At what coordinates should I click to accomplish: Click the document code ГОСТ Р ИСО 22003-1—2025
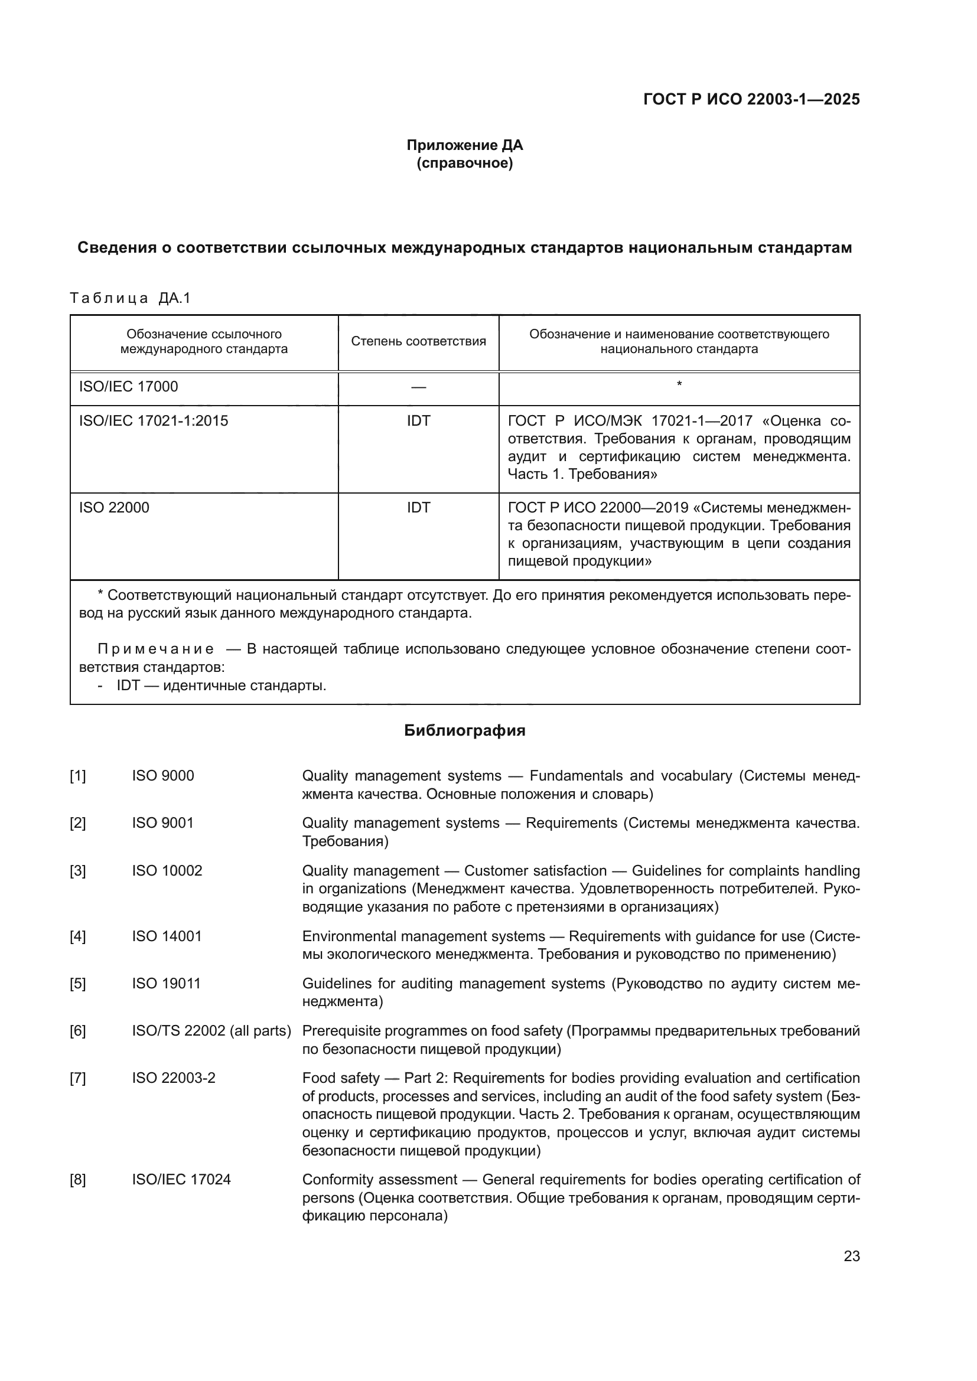751,99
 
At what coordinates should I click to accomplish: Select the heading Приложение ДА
464,145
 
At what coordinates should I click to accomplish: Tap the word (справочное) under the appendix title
464,163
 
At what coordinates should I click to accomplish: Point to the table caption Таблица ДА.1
130,298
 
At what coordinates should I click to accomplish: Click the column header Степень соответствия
418,342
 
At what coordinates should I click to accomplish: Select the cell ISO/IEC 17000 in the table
129,386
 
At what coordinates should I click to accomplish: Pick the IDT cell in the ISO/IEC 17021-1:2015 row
418,420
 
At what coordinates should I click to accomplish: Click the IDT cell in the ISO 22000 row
418,508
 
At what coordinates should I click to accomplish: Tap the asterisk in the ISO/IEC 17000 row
679,384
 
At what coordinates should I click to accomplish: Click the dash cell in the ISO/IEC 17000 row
418,387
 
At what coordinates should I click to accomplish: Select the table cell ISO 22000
115,508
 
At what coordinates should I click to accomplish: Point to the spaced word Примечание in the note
156,649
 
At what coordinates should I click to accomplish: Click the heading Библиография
464,730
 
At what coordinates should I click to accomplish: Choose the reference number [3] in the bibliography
77,871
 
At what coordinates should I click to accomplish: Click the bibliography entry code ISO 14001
167,936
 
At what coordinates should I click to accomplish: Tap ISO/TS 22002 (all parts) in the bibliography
211,1031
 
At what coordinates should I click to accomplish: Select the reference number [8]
77,1180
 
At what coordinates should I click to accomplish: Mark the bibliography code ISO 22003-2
173,1078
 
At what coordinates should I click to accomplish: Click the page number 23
851,1256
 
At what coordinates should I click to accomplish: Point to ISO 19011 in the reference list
166,984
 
